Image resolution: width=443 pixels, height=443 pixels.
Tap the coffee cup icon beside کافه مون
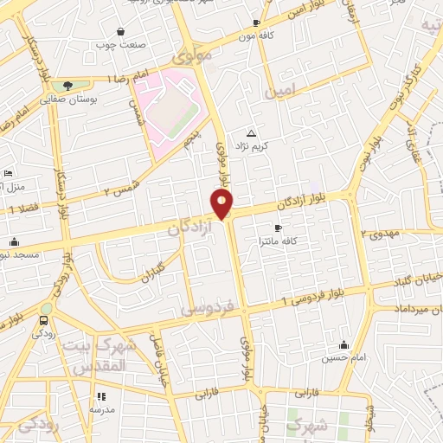(256, 22)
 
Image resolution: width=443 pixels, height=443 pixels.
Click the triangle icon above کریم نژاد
(252, 133)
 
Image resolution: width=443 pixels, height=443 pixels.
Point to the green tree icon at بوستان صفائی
(67, 86)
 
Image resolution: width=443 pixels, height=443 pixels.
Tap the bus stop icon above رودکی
(44, 321)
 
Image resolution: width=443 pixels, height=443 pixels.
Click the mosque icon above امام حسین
(344, 344)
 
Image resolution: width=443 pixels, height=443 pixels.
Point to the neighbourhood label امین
(282, 90)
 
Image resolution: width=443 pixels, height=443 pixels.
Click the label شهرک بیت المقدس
(103, 356)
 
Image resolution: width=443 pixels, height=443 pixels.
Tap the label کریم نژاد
(255, 146)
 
